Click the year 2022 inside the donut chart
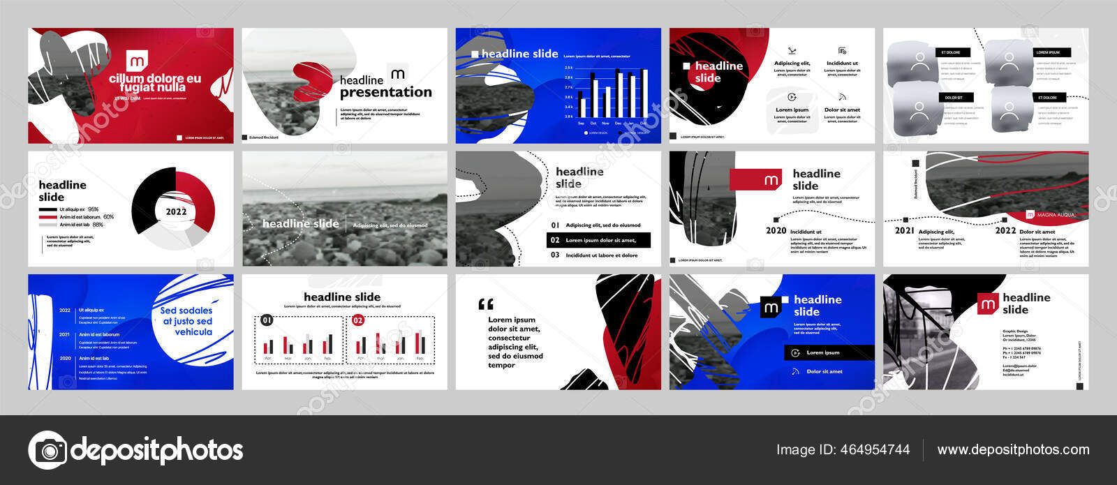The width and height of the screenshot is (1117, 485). pyautogui.click(x=176, y=211)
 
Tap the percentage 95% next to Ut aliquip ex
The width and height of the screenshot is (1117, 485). pyautogui.click(x=94, y=209)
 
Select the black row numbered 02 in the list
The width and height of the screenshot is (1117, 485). pyautogui.click(x=598, y=240)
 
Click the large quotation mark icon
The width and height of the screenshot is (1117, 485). pyautogui.click(x=486, y=304)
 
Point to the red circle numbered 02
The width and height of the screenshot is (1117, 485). pyautogui.click(x=358, y=320)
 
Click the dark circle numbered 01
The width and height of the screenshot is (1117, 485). pyautogui.click(x=267, y=320)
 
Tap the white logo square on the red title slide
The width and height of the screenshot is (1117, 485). pyautogui.click(x=137, y=61)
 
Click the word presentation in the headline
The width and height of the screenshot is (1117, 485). pyautogui.click(x=385, y=92)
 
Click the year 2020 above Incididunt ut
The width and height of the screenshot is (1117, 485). pyautogui.click(x=776, y=231)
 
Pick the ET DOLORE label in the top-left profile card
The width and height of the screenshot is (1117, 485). pyautogui.click(x=950, y=52)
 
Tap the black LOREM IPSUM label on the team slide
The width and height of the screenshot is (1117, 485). pyautogui.click(x=1048, y=52)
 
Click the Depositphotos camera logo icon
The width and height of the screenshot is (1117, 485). pyautogui.click(x=47, y=449)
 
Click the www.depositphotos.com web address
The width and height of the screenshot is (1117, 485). pyautogui.click(x=1013, y=450)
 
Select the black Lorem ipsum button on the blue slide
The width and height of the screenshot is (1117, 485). pyautogui.click(x=829, y=352)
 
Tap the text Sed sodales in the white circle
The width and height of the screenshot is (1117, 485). pyautogui.click(x=186, y=311)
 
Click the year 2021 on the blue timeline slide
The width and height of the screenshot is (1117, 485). pyautogui.click(x=64, y=334)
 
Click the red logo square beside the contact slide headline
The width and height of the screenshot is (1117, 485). pyautogui.click(x=988, y=304)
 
